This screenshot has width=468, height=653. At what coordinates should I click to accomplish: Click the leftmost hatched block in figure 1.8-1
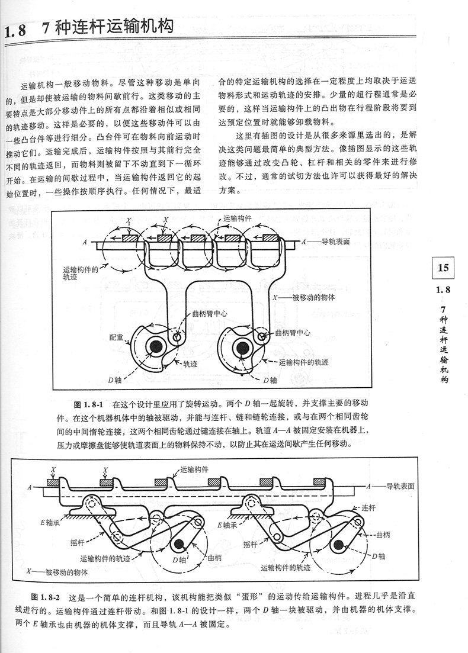click(x=128, y=238)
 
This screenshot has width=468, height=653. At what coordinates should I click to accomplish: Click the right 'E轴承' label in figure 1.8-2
click(x=229, y=524)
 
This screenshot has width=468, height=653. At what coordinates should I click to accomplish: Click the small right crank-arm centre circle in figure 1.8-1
click(x=262, y=337)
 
